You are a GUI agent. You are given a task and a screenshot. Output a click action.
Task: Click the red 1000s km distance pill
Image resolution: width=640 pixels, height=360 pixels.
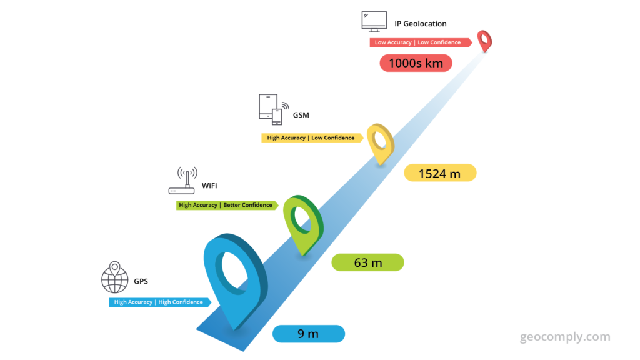tap(416, 63)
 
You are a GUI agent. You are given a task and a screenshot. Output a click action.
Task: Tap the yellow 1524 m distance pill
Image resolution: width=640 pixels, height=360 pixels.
tap(440, 173)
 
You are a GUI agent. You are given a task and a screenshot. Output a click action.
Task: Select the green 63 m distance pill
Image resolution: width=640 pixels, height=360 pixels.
tap(367, 262)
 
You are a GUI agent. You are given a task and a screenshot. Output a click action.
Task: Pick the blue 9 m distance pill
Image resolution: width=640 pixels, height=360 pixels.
tap(309, 334)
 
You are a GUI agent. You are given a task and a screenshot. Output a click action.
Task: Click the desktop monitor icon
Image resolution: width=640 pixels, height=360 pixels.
tap(374, 22)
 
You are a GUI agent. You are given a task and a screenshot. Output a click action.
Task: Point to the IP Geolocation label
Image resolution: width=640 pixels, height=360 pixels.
tap(421, 24)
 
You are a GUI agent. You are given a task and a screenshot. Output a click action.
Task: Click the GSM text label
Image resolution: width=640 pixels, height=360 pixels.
tap(301, 115)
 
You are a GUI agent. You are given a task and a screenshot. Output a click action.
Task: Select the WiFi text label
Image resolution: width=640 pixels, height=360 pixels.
tap(209, 186)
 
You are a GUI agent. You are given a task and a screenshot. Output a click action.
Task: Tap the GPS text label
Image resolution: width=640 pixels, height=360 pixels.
tap(141, 281)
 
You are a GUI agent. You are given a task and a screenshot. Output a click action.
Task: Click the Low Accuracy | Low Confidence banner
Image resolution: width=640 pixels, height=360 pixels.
tap(421, 42)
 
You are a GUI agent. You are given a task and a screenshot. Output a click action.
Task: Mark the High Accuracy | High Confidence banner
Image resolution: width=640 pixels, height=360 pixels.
tap(160, 302)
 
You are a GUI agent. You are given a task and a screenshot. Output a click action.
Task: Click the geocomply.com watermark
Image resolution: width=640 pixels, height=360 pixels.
tap(565, 337)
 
